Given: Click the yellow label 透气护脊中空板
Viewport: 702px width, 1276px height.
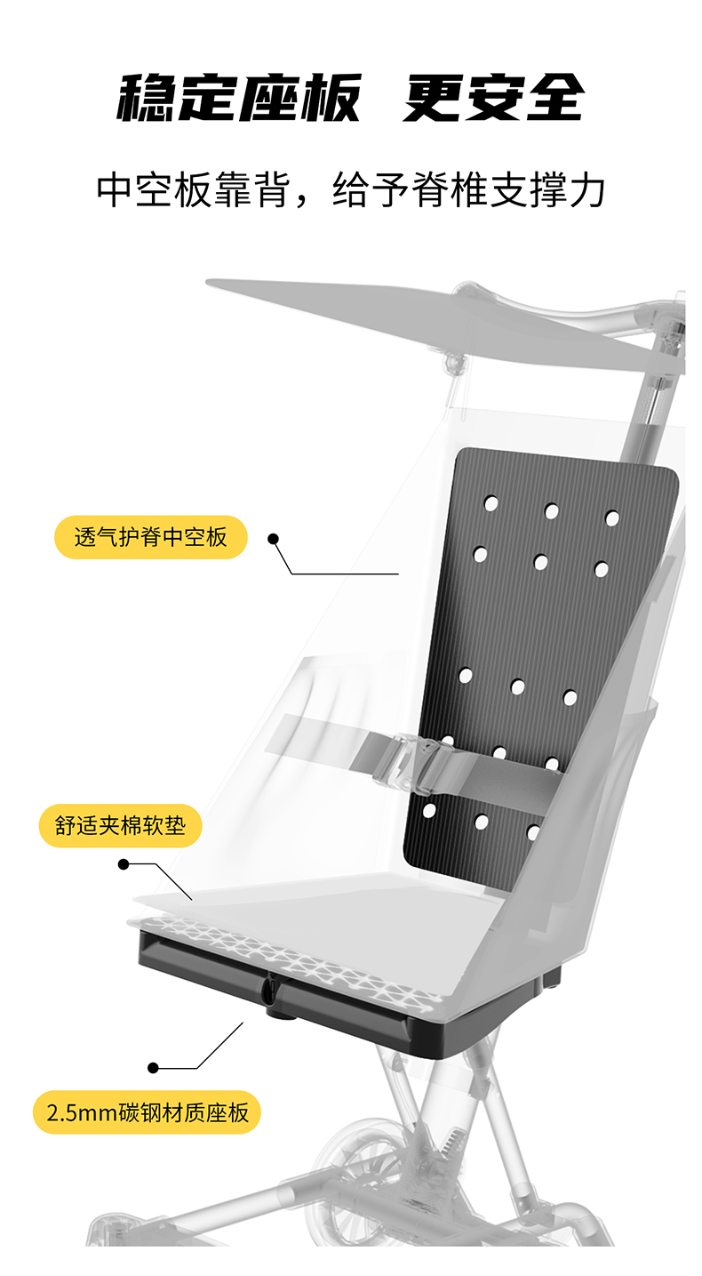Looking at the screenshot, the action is pyautogui.click(x=150, y=537).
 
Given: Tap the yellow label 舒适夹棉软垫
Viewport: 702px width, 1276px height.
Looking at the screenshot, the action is pyautogui.click(x=121, y=826).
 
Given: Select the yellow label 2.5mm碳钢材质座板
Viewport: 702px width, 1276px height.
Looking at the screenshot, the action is pyautogui.click(x=147, y=1112).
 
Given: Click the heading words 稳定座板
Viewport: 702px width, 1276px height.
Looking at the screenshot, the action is pyautogui.click(x=239, y=97).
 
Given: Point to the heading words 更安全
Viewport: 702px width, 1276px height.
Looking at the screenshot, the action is pyautogui.click(x=493, y=97).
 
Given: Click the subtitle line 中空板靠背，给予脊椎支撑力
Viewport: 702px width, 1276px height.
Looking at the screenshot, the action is pyautogui.click(x=351, y=190).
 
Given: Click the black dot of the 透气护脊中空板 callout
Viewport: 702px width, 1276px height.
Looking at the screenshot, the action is pyautogui.click(x=274, y=538).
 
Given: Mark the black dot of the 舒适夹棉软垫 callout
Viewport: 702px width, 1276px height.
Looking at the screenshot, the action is pyautogui.click(x=124, y=863).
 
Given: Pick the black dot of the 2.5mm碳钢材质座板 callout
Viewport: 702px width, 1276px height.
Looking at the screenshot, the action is pyautogui.click(x=154, y=1067).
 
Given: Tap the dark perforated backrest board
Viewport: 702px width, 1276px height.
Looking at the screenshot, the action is pyautogui.click(x=542, y=622).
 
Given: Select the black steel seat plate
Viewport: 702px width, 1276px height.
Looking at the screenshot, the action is pyautogui.click(x=355, y=1005).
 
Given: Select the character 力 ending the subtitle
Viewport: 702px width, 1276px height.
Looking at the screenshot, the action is pyautogui.click(x=587, y=190).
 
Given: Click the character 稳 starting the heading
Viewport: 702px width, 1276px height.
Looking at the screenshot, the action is pyautogui.click(x=148, y=97).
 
